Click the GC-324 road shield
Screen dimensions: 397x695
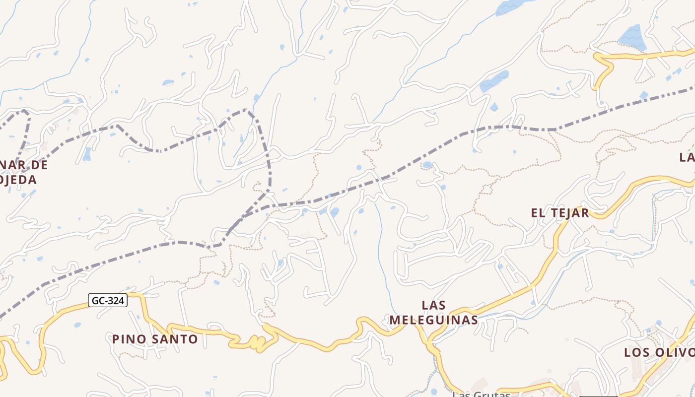tap(108, 300)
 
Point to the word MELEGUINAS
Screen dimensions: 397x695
tap(434, 320)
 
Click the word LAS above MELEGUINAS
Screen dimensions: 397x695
tap(433, 305)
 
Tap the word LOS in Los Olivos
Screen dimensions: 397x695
tap(638, 353)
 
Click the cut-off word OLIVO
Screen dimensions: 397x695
tap(676, 353)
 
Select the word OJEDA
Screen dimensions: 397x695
tap(18, 180)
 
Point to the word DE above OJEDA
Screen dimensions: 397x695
tap(40, 165)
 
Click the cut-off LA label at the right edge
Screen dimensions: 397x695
tap(687, 158)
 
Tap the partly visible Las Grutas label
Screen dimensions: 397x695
tap(481, 394)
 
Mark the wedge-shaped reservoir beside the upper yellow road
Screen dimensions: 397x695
tap(632, 37)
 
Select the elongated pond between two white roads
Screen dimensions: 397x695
tap(494, 81)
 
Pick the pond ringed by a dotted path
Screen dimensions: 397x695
tap(427, 165)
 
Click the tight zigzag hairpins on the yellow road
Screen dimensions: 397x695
tap(254, 342)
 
